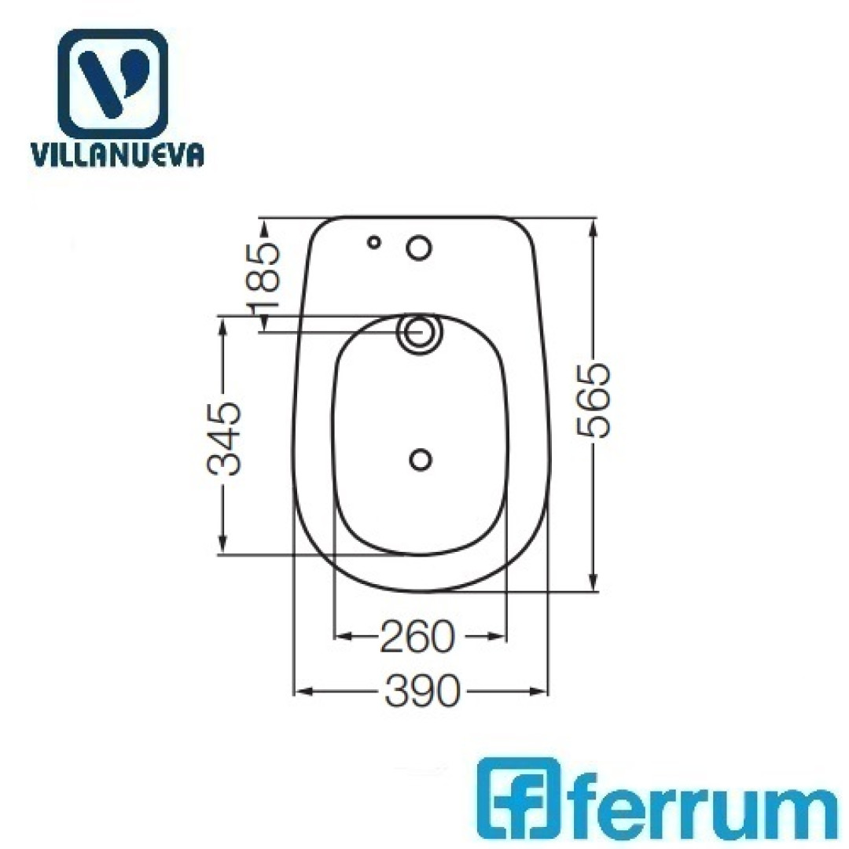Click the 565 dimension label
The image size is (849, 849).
click(594, 401)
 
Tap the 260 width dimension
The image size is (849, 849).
click(417, 636)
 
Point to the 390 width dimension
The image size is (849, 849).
click(422, 690)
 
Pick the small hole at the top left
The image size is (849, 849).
click(373, 242)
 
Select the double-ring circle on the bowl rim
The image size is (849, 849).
click(419, 332)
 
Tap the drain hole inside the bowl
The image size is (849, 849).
click(420, 460)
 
